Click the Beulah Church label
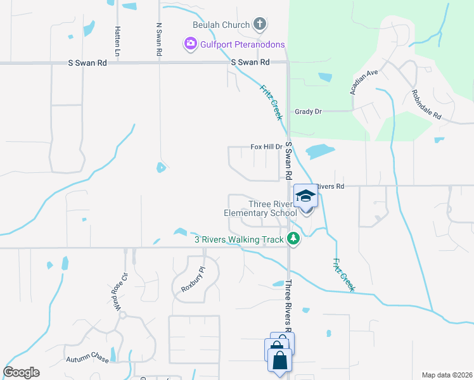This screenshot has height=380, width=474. point(221,25)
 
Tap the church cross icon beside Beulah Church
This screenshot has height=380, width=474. point(259,25)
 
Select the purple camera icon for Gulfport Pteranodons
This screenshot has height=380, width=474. point(190,44)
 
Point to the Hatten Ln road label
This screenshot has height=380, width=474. point(118,39)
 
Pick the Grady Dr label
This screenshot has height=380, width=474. point(308,111)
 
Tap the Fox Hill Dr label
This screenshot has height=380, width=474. point(266,146)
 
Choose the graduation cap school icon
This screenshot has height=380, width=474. point(305,196)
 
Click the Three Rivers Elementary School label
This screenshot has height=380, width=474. point(260,208)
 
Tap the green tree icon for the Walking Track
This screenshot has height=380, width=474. point(293,238)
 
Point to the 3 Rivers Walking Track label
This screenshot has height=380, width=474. point(238,239)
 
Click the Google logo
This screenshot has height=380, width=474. point(21,372)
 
